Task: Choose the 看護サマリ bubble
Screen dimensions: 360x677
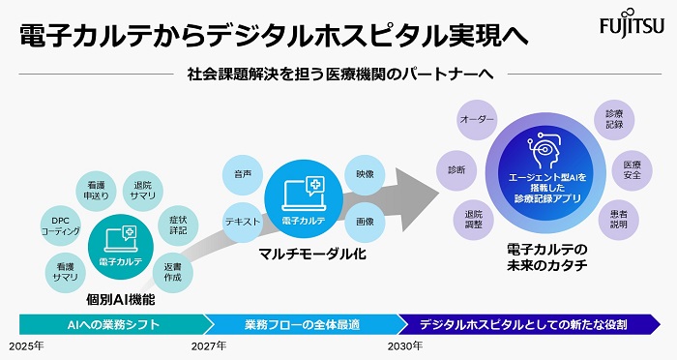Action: tap(67, 270)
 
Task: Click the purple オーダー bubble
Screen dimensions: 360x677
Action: tap(477, 119)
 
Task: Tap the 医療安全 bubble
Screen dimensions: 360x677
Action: tap(631, 169)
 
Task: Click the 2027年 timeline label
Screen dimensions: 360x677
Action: tap(209, 345)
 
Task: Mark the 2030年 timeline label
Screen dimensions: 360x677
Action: tap(404, 345)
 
